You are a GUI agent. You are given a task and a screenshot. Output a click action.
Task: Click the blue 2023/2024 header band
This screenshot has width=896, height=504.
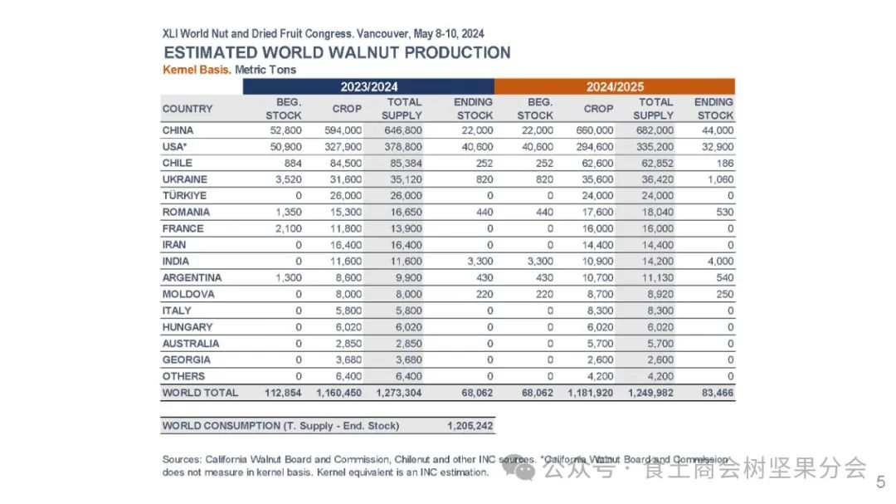368,86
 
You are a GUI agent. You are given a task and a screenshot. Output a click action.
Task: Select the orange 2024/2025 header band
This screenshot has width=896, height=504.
615,86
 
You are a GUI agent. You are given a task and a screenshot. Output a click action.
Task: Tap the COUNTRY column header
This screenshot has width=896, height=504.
187,109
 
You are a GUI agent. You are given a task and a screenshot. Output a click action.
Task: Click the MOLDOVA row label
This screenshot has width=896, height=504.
188,294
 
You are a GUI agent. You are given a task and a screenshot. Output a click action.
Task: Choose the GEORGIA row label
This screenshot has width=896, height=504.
187,360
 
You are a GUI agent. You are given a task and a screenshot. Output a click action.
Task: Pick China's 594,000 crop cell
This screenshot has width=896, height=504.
346,130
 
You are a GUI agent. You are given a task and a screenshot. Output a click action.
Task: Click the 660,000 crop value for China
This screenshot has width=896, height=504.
594,130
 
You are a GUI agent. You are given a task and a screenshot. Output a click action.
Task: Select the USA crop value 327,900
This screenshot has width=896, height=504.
346,147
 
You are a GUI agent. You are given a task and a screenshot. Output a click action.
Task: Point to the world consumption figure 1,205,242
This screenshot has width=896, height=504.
470,426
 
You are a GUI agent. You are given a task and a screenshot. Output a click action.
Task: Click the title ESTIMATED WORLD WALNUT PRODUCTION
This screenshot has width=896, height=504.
336,52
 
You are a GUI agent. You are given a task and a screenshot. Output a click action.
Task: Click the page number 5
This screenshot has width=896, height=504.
881,481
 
